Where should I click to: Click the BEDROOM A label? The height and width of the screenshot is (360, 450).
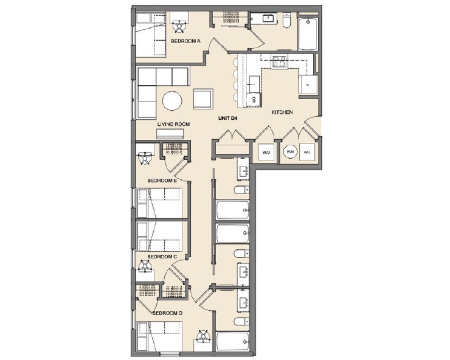coord(185,41)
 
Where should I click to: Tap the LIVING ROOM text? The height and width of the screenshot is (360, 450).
coord(174,124)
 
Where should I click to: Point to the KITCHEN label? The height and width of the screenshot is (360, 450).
coord(283,112)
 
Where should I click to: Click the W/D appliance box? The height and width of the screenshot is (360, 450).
coord(266,152)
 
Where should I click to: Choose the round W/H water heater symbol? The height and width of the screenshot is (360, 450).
coord(290,152)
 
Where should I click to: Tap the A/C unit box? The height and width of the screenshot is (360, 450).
coord(307,152)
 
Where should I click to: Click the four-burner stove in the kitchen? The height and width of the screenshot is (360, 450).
coord(280,61)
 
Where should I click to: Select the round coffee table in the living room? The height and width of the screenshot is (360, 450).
coord(171,100)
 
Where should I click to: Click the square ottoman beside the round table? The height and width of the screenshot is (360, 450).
coord(203,99)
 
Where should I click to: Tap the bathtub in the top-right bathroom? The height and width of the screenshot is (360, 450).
coord(308,35)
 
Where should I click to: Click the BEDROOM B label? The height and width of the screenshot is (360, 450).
coord(162,181)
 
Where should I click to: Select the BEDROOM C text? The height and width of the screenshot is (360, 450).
coord(162,257)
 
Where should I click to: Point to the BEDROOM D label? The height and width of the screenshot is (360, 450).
coord(167,313)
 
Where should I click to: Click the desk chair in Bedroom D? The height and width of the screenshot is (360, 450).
coord(203,336)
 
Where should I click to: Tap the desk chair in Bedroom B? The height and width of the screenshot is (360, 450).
coord(145,159)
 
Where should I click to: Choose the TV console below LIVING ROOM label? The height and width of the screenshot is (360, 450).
coord(174,135)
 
